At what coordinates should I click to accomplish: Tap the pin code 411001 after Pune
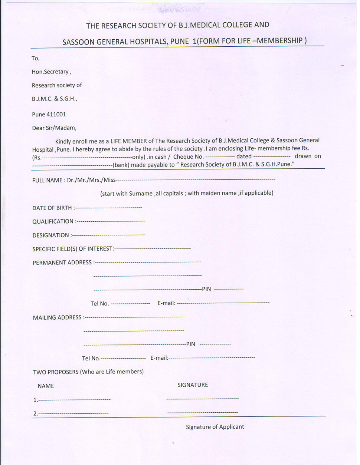[x=57, y=114]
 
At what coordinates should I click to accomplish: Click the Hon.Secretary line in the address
[x=51, y=72]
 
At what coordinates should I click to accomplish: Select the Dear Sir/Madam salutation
[x=54, y=128]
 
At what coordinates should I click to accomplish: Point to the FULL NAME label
[x=48, y=180]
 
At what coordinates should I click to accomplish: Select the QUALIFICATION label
[x=53, y=221]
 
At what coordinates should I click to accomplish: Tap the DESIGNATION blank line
[x=108, y=235]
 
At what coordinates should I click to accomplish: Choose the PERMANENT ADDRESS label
[x=62, y=263]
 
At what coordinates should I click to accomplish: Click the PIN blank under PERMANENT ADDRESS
[x=229, y=289]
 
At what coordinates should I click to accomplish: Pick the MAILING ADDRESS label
[x=57, y=317]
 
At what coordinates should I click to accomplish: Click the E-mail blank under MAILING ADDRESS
[x=212, y=358]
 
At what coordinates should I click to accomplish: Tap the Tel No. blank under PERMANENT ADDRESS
[x=130, y=303]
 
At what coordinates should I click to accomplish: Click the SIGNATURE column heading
[x=193, y=385]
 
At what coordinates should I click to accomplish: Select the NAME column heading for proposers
[x=46, y=386]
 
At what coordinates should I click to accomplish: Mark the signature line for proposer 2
[x=203, y=412]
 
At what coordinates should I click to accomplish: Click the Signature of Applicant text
[x=215, y=427]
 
